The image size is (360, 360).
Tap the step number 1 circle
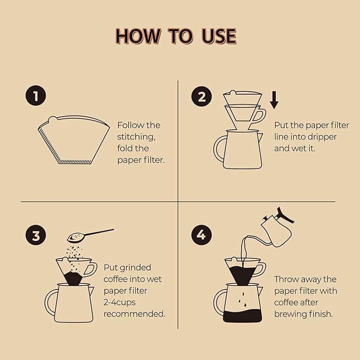35,97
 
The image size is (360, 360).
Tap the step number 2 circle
201,97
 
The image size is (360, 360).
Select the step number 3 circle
35,236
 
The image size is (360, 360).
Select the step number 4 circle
201,236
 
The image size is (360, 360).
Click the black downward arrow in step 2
274,100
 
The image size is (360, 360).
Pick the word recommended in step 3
134,313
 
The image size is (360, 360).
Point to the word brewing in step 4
291,313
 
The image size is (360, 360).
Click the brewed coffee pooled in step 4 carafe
242,317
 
